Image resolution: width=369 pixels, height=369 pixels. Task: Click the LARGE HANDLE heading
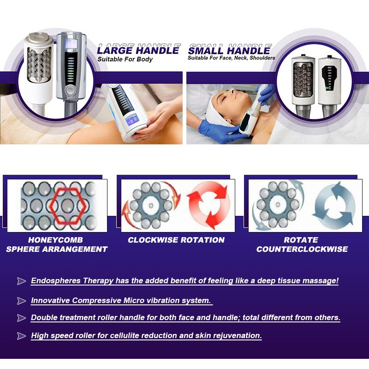click(x=138, y=50)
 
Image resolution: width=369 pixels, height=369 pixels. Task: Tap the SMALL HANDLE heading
click(x=229, y=51)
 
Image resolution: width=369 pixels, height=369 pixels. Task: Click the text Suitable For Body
click(x=125, y=60)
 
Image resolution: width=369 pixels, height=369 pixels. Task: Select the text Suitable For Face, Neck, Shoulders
click(x=232, y=58)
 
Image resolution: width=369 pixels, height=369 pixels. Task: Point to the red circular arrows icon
click(x=208, y=205)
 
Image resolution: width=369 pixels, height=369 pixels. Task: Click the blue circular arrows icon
click(x=334, y=205)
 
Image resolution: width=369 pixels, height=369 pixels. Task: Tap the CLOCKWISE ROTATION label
click(x=176, y=240)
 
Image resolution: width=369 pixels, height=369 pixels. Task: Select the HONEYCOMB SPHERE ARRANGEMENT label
click(x=57, y=244)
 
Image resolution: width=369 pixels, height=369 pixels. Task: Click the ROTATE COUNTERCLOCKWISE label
click(x=302, y=244)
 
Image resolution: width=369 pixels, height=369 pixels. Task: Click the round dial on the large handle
click(x=70, y=90)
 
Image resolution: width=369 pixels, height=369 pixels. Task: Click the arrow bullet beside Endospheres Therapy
click(x=21, y=281)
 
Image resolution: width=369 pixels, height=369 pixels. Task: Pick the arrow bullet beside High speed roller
click(x=21, y=336)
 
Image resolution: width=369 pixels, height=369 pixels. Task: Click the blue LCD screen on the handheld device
click(x=132, y=120)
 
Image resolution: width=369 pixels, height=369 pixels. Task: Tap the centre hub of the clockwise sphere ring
click(x=151, y=205)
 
